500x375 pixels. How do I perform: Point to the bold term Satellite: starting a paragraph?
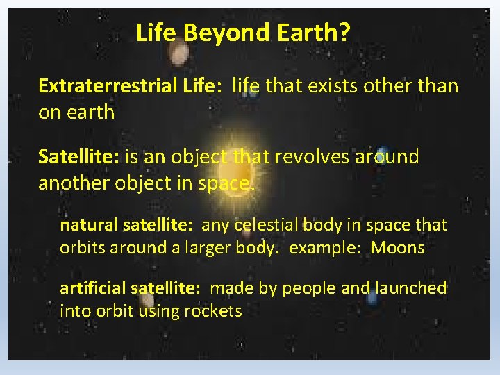coord(80,157)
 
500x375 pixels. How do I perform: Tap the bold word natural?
coord(89,226)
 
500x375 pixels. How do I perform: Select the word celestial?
coord(266,226)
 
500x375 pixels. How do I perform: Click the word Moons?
coord(397,248)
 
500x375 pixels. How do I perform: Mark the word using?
coord(159,311)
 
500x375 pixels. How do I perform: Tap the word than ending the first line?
coord(435,86)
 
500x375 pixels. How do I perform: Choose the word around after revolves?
coord(386,157)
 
